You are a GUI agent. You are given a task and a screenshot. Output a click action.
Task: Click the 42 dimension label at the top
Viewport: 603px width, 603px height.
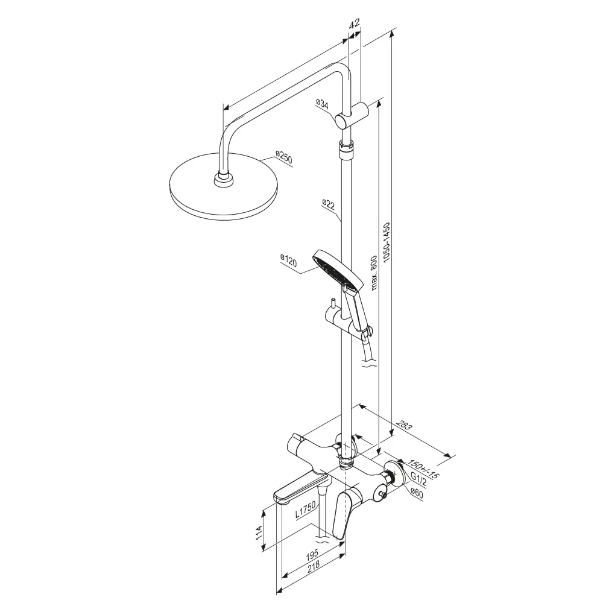point(354,23)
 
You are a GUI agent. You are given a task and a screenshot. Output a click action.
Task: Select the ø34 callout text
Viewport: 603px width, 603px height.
point(322,104)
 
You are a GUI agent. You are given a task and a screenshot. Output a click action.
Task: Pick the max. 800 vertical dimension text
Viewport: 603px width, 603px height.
point(373,273)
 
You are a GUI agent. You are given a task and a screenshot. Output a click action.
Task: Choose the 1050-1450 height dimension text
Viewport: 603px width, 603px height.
point(387,242)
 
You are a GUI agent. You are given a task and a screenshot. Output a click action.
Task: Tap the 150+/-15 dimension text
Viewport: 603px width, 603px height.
point(423,469)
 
